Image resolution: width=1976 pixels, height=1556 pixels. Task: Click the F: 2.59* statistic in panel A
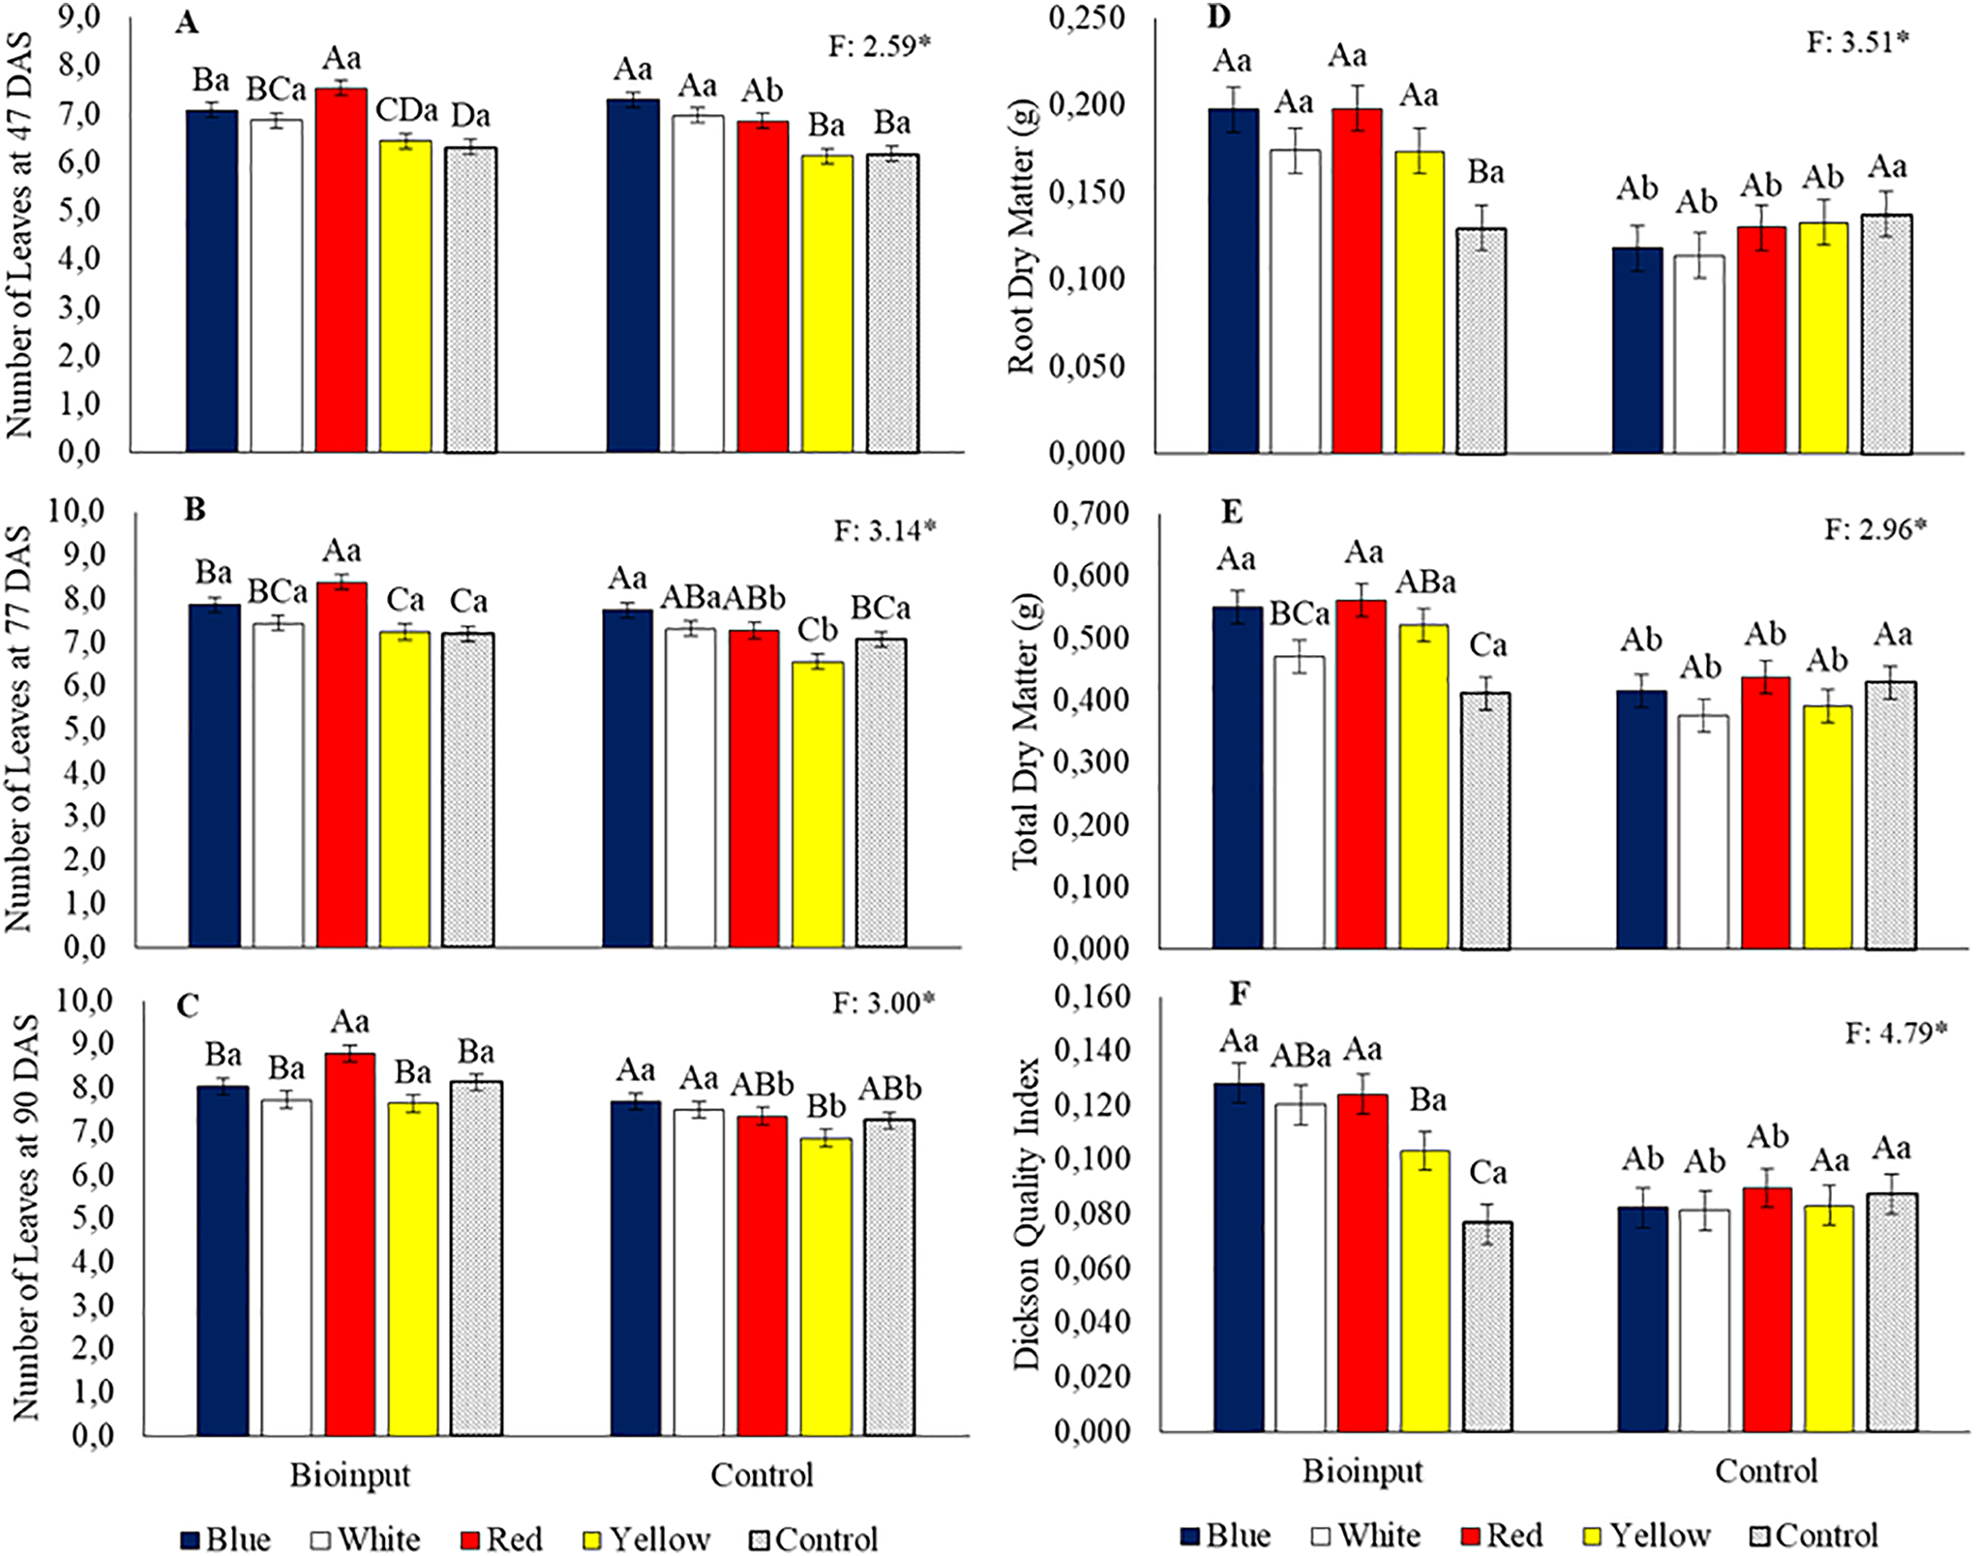[879, 45]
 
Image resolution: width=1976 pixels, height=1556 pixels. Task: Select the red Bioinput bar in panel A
[342, 271]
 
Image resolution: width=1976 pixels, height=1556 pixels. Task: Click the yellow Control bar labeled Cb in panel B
[818, 803]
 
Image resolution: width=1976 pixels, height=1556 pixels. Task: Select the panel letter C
[188, 1006]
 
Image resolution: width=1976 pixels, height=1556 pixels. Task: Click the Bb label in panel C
[826, 1106]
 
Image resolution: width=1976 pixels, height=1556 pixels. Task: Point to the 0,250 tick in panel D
[1087, 18]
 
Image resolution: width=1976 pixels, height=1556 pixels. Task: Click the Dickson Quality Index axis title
[1026, 1214]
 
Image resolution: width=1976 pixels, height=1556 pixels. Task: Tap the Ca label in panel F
[1487, 1173]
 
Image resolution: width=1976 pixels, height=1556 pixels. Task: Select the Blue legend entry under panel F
[1225, 1535]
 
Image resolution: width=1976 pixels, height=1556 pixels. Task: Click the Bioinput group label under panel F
[1362, 1471]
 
